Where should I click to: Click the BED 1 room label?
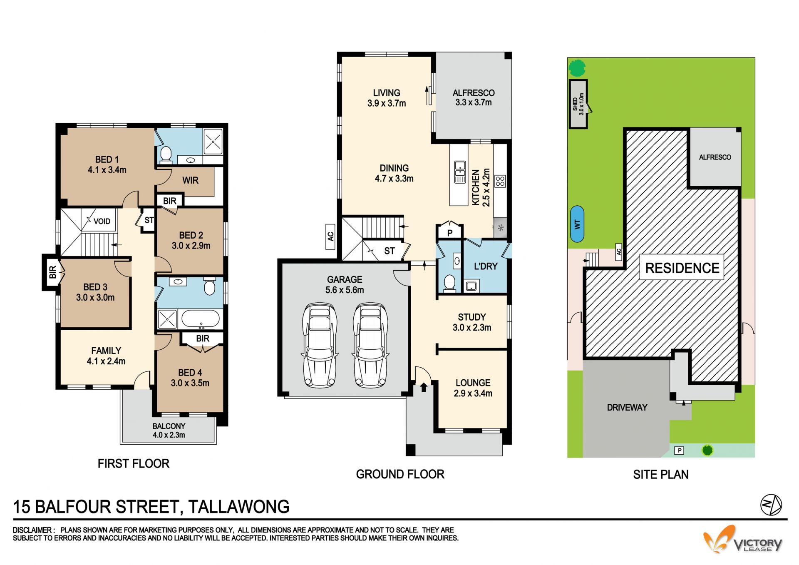107,164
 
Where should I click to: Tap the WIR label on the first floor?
190,180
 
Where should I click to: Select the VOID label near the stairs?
102,221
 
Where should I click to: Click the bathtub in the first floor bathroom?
200,319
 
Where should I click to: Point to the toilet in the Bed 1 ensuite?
166,154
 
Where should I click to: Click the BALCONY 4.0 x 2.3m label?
169,431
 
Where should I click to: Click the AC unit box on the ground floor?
330,236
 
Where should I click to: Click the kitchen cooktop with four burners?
500,181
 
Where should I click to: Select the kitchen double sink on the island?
460,172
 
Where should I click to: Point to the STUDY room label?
472,322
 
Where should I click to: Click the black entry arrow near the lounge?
424,387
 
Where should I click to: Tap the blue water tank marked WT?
577,224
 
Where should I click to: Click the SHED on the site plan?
578,104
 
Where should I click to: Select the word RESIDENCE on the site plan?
682,268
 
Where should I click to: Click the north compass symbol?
771,505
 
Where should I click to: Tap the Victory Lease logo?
742,540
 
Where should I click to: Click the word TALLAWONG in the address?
238,507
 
